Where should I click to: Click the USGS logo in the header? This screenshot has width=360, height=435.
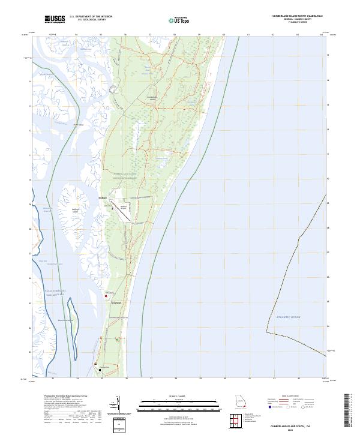click(55, 19)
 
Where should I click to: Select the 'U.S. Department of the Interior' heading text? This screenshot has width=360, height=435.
click(91, 17)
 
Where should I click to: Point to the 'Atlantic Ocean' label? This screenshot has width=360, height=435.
click(287, 316)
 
